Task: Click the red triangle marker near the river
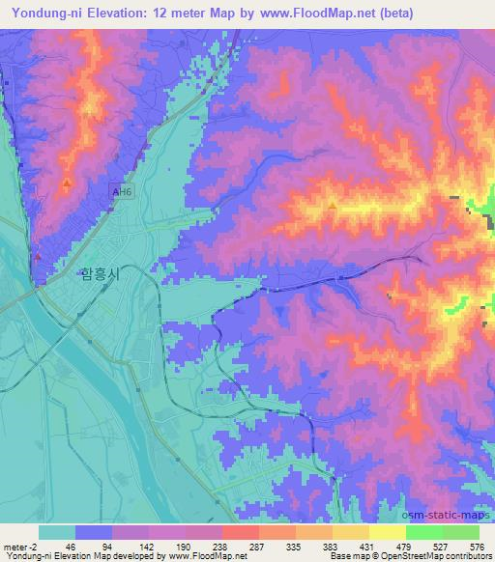[x=38, y=257]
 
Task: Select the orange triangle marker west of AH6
[x=66, y=183]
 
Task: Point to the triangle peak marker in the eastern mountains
[x=333, y=205]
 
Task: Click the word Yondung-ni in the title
[x=44, y=14]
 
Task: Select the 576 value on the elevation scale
[x=477, y=547]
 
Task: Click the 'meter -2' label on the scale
[x=17, y=547]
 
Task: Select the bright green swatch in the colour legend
[x=423, y=532]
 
